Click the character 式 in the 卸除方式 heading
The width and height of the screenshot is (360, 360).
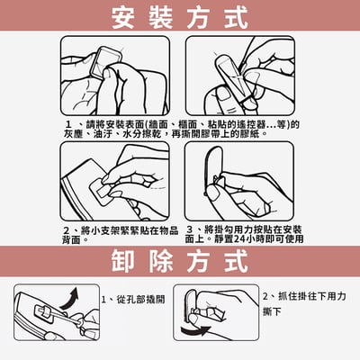coord(232,261)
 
